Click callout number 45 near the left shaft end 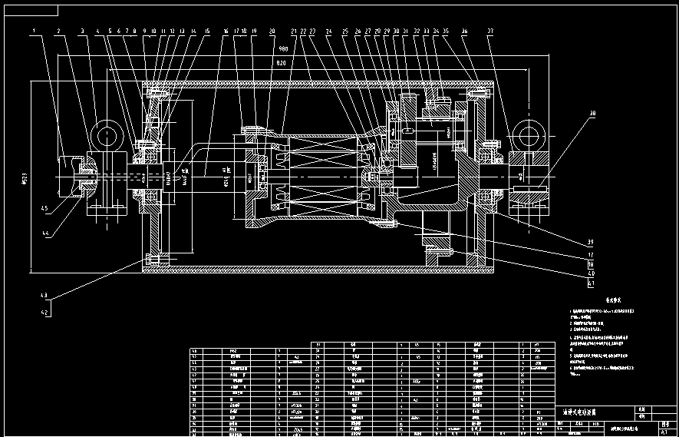tap(44, 208)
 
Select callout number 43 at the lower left tap(44, 295)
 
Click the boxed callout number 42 tap(44, 313)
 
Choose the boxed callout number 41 tap(591, 283)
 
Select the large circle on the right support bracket tap(528, 137)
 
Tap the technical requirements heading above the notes tap(595, 303)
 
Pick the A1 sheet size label tap(653, 432)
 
